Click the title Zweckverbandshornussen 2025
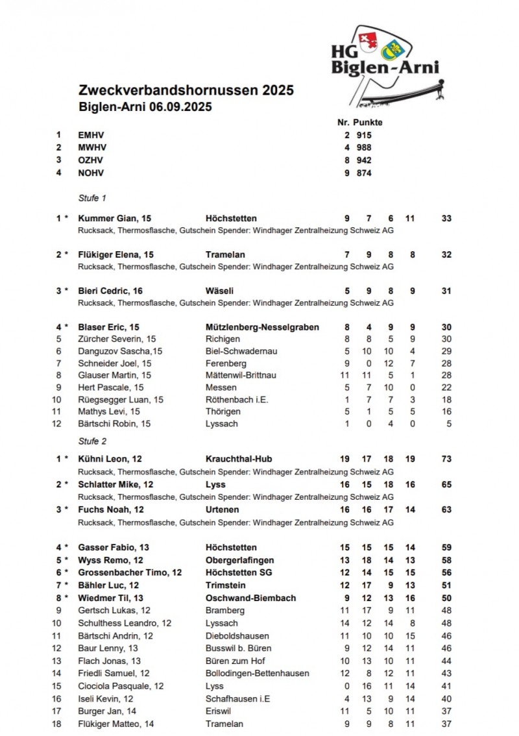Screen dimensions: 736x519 click(186, 90)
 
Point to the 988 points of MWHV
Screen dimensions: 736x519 click(364, 147)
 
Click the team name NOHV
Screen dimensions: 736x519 click(91, 173)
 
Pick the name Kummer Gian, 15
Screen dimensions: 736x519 click(114, 219)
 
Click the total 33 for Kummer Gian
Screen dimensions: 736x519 click(446, 219)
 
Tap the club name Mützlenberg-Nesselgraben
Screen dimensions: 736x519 click(262, 327)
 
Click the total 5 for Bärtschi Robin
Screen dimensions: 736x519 click(448, 424)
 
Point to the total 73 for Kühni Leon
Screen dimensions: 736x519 click(446, 459)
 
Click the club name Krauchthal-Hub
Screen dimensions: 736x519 click(238, 459)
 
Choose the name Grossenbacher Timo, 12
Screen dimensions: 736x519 click(130, 572)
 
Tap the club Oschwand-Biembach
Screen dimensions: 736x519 click(250, 598)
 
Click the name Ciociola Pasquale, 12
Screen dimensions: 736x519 click(121, 686)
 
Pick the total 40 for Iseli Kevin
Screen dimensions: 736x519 click(446, 698)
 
